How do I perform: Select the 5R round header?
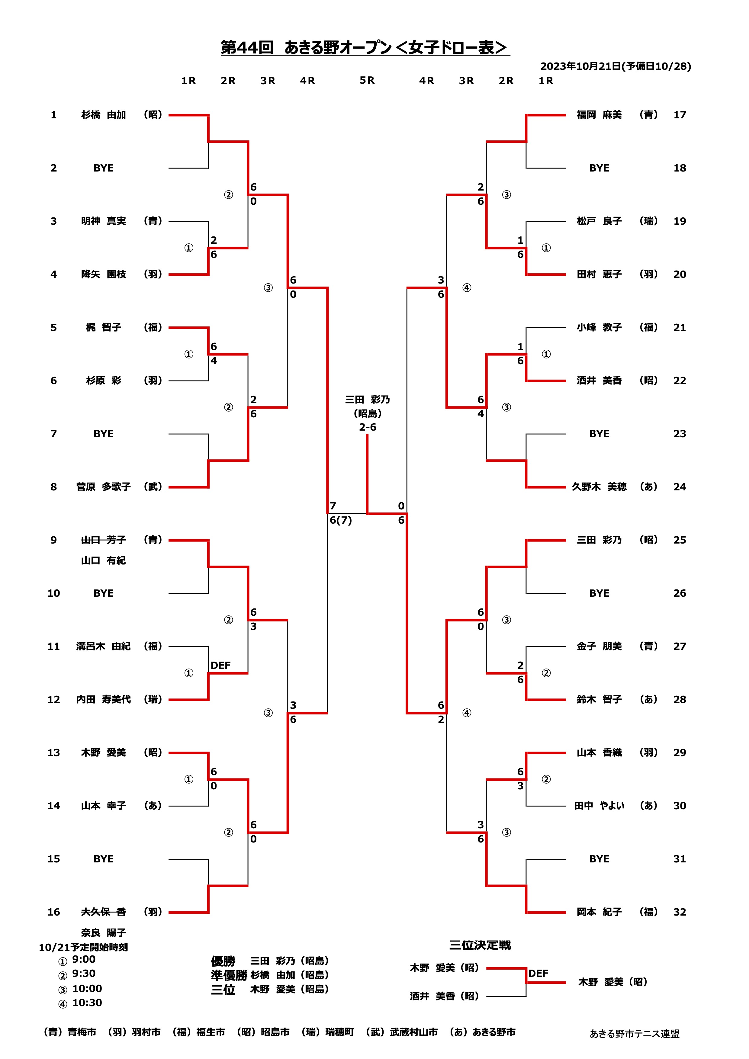[367, 80]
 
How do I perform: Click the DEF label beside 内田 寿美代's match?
[220, 665]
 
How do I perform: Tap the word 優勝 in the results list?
[223, 961]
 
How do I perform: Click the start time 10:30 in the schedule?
[87, 1003]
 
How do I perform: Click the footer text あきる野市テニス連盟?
[634, 1034]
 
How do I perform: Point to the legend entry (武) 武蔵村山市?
[401, 1032]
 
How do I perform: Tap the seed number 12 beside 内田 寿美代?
[53, 699]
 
